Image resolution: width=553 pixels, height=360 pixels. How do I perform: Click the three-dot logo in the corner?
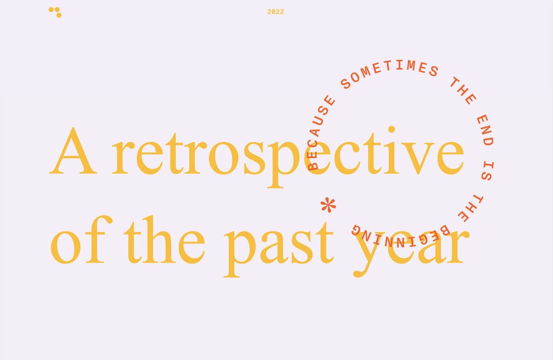pyautogui.click(x=55, y=12)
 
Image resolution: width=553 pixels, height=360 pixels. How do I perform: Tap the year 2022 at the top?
pyautogui.click(x=276, y=12)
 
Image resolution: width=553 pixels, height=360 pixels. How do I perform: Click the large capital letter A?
pyautogui.click(x=74, y=151)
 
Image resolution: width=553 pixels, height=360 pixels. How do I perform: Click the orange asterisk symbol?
pyautogui.click(x=328, y=205)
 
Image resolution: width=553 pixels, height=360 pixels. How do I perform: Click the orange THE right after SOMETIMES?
pyautogui.click(x=462, y=90)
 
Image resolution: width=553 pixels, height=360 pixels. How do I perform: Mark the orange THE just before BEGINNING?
pyautogui.click(x=470, y=208)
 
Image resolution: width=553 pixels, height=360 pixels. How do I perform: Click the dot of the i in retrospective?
pyautogui.click(x=391, y=129)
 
